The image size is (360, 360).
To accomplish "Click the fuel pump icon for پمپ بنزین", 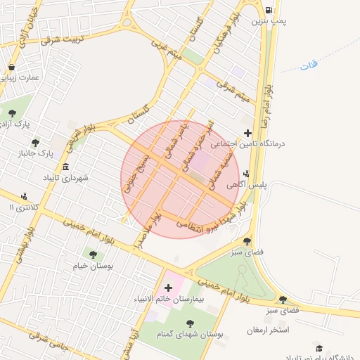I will click(270, 10).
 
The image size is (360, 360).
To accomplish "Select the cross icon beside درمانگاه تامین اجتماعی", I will click(247, 133).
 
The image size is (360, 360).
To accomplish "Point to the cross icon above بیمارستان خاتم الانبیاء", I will click(168, 288).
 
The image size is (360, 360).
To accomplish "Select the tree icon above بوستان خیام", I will click(93, 255).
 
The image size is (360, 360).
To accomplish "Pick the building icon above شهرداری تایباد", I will click(65, 167).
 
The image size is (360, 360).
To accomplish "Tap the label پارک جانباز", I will click(37, 153).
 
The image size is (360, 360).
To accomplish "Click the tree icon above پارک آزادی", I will click(12, 112).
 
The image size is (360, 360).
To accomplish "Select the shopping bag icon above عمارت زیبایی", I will click(12, 67).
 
